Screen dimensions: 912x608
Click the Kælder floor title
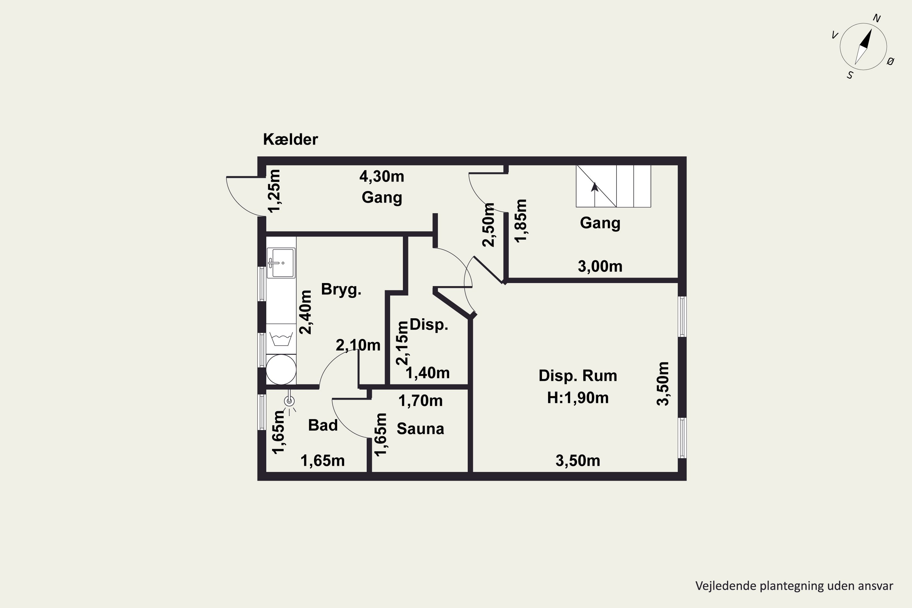click(290, 139)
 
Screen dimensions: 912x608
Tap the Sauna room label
click(420, 428)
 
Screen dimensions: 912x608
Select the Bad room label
click(323, 425)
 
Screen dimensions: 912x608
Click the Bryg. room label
click(341, 290)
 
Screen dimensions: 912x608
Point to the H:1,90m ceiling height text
click(578, 398)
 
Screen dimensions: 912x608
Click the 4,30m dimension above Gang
click(382, 176)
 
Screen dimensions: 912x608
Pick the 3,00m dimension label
click(600, 266)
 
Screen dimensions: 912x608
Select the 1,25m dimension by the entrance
click(274, 191)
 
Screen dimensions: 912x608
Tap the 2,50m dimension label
click(489, 225)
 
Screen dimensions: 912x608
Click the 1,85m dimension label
click(521, 221)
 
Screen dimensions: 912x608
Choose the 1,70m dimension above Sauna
click(420, 401)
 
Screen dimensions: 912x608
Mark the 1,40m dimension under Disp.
click(427, 373)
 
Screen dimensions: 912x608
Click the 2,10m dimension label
click(358, 345)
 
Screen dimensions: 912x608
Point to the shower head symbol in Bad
click(289, 401)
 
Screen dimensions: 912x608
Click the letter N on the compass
click(876, 18)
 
